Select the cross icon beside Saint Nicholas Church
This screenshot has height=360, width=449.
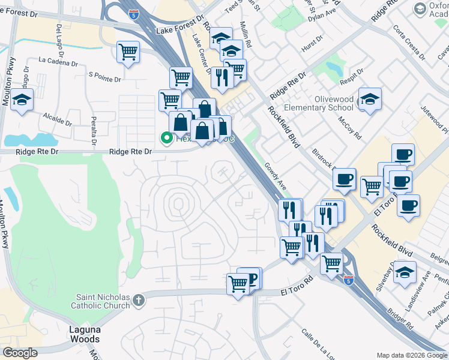pos(138,299)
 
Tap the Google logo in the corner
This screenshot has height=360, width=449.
pos(20,353)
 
